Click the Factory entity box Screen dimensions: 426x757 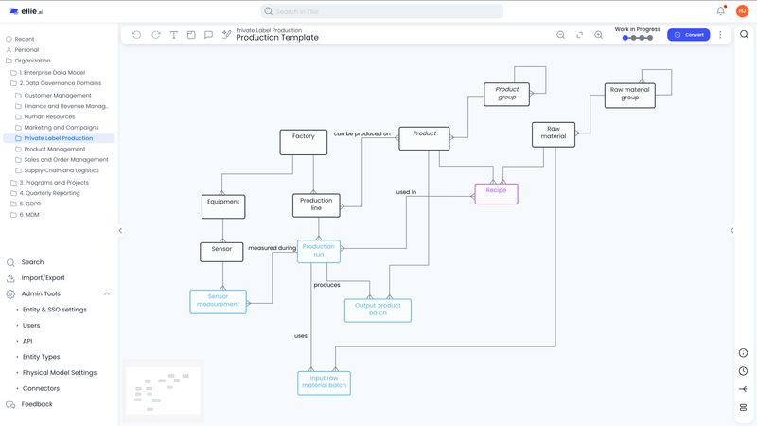tap(303, 141)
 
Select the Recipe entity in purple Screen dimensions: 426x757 tap(496, 193)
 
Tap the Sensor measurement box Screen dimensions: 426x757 tap(218, 301)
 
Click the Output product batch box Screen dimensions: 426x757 tap(378, 310)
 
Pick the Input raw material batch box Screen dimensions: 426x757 tap(324, 382)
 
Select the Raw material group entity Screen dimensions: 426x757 tap(629, 95)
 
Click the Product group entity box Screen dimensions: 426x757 tap(506, 94)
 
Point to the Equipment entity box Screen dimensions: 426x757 tap(223, 205)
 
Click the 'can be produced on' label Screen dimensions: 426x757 tap(361, 134)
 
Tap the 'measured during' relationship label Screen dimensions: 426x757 tap(272, 248)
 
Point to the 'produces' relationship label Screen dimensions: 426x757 tap(326, 285)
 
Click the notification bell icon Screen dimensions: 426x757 tap(720, 11)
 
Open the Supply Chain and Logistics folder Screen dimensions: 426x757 tap(62, 170)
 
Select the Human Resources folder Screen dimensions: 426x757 tap(49, 116)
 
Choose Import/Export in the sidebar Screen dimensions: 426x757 tap(43, 278)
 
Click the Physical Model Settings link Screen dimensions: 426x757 tap(60, 372)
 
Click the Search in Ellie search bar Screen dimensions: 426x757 tap(382, 11)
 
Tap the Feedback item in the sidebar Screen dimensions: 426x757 tap(37, 404)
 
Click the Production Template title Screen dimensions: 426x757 tap(277, 38)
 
